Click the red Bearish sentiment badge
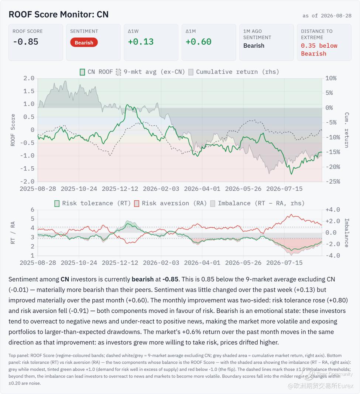click(x=84, y=43)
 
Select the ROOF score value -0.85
click(x=25, y=42)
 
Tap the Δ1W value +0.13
click(x=141, y=42)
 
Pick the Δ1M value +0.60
click(x=198, y=42)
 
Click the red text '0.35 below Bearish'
click(x=319, y=50)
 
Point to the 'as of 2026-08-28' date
click(x=327, y=16)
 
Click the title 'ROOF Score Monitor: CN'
click(x=58, y=14)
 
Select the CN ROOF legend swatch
click(x=82, y=72)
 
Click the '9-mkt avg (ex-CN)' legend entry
click(x=150, y=72)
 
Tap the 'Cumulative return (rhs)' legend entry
click(x=234, y=72)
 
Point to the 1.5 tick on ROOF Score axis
click(x=29, y=91)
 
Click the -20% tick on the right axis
click(x=333, y=167)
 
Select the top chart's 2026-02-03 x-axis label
click(x=161, y=189)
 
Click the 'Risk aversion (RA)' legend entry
click(x=171, y=203)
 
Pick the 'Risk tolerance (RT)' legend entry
click(x=93, y=203)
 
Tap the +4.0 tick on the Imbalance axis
click(x=333, y=210)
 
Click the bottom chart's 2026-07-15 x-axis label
click(x=284, y=263)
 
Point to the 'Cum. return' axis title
click(x=346, y=130)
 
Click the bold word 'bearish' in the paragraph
click(x=143, y=279)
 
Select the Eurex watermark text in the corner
click(x=320, y=386)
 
